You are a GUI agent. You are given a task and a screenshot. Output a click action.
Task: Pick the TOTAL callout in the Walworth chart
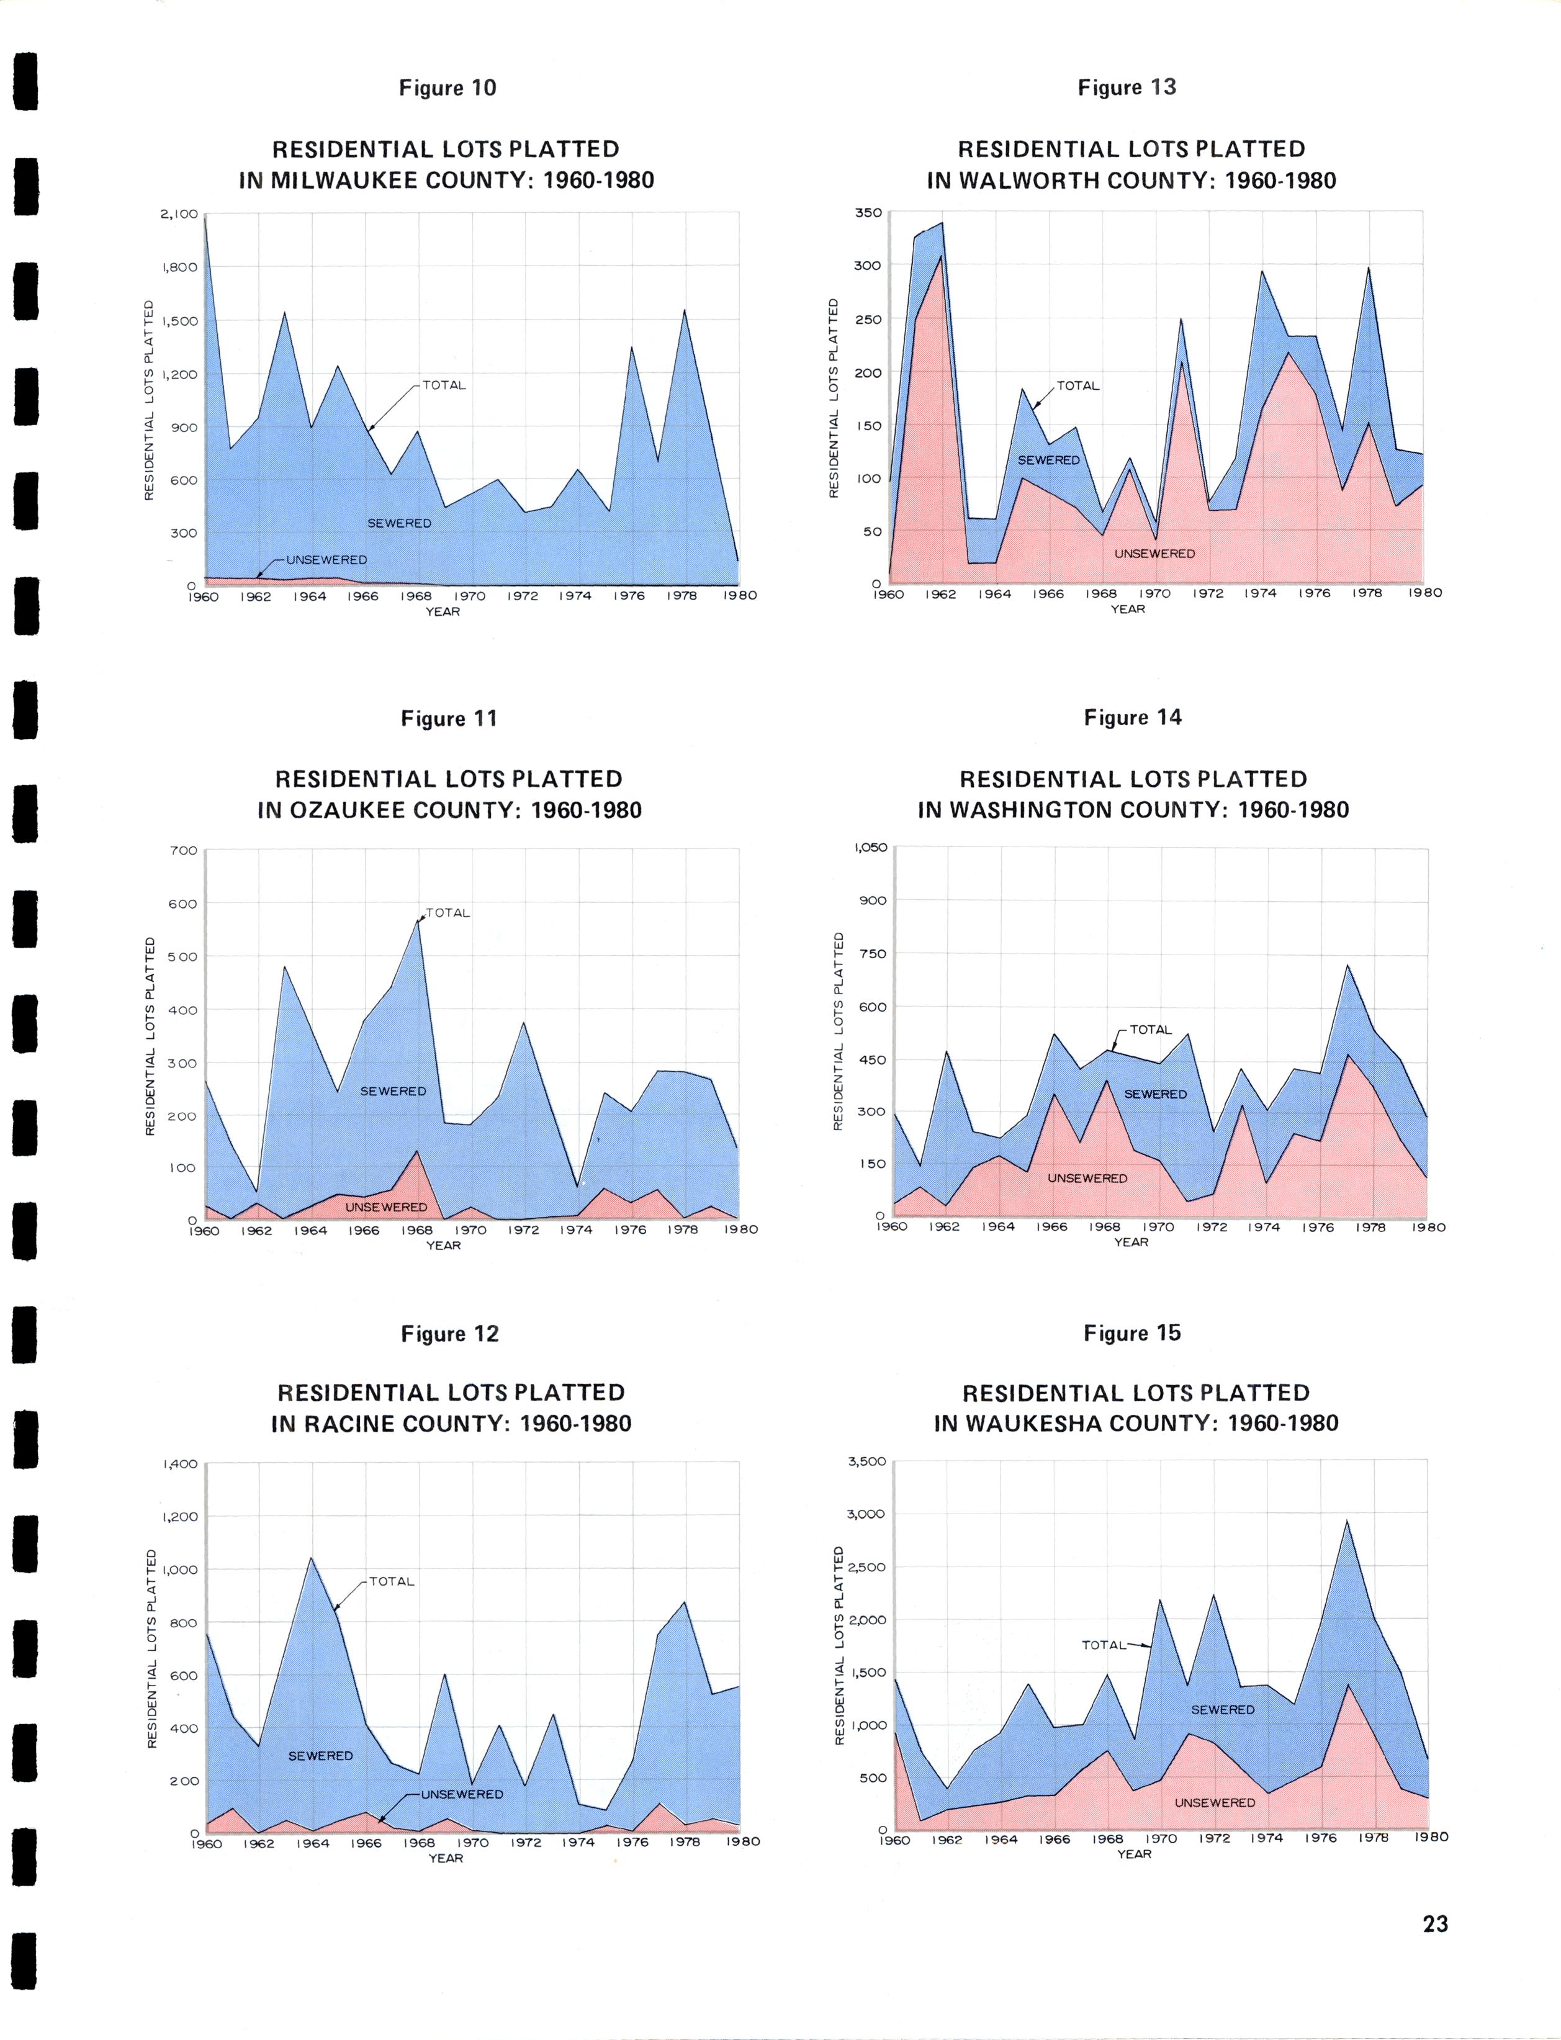click(1078, 385)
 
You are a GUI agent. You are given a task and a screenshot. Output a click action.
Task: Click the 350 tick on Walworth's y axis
click(868, 213)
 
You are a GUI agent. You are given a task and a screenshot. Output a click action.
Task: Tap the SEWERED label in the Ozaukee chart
click(393, 1090)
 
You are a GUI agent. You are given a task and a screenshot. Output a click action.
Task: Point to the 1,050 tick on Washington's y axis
click(870, 847)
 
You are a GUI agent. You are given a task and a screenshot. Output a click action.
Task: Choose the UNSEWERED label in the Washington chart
click(1087, 1178)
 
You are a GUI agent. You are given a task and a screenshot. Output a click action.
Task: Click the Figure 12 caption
click(450, 1334)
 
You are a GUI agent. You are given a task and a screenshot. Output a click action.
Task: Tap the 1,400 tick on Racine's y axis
click(180, 1464)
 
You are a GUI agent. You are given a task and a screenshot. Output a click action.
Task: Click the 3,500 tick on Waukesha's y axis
click(867, 1461)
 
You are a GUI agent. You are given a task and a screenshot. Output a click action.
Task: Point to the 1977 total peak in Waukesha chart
click(1346, 1520)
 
